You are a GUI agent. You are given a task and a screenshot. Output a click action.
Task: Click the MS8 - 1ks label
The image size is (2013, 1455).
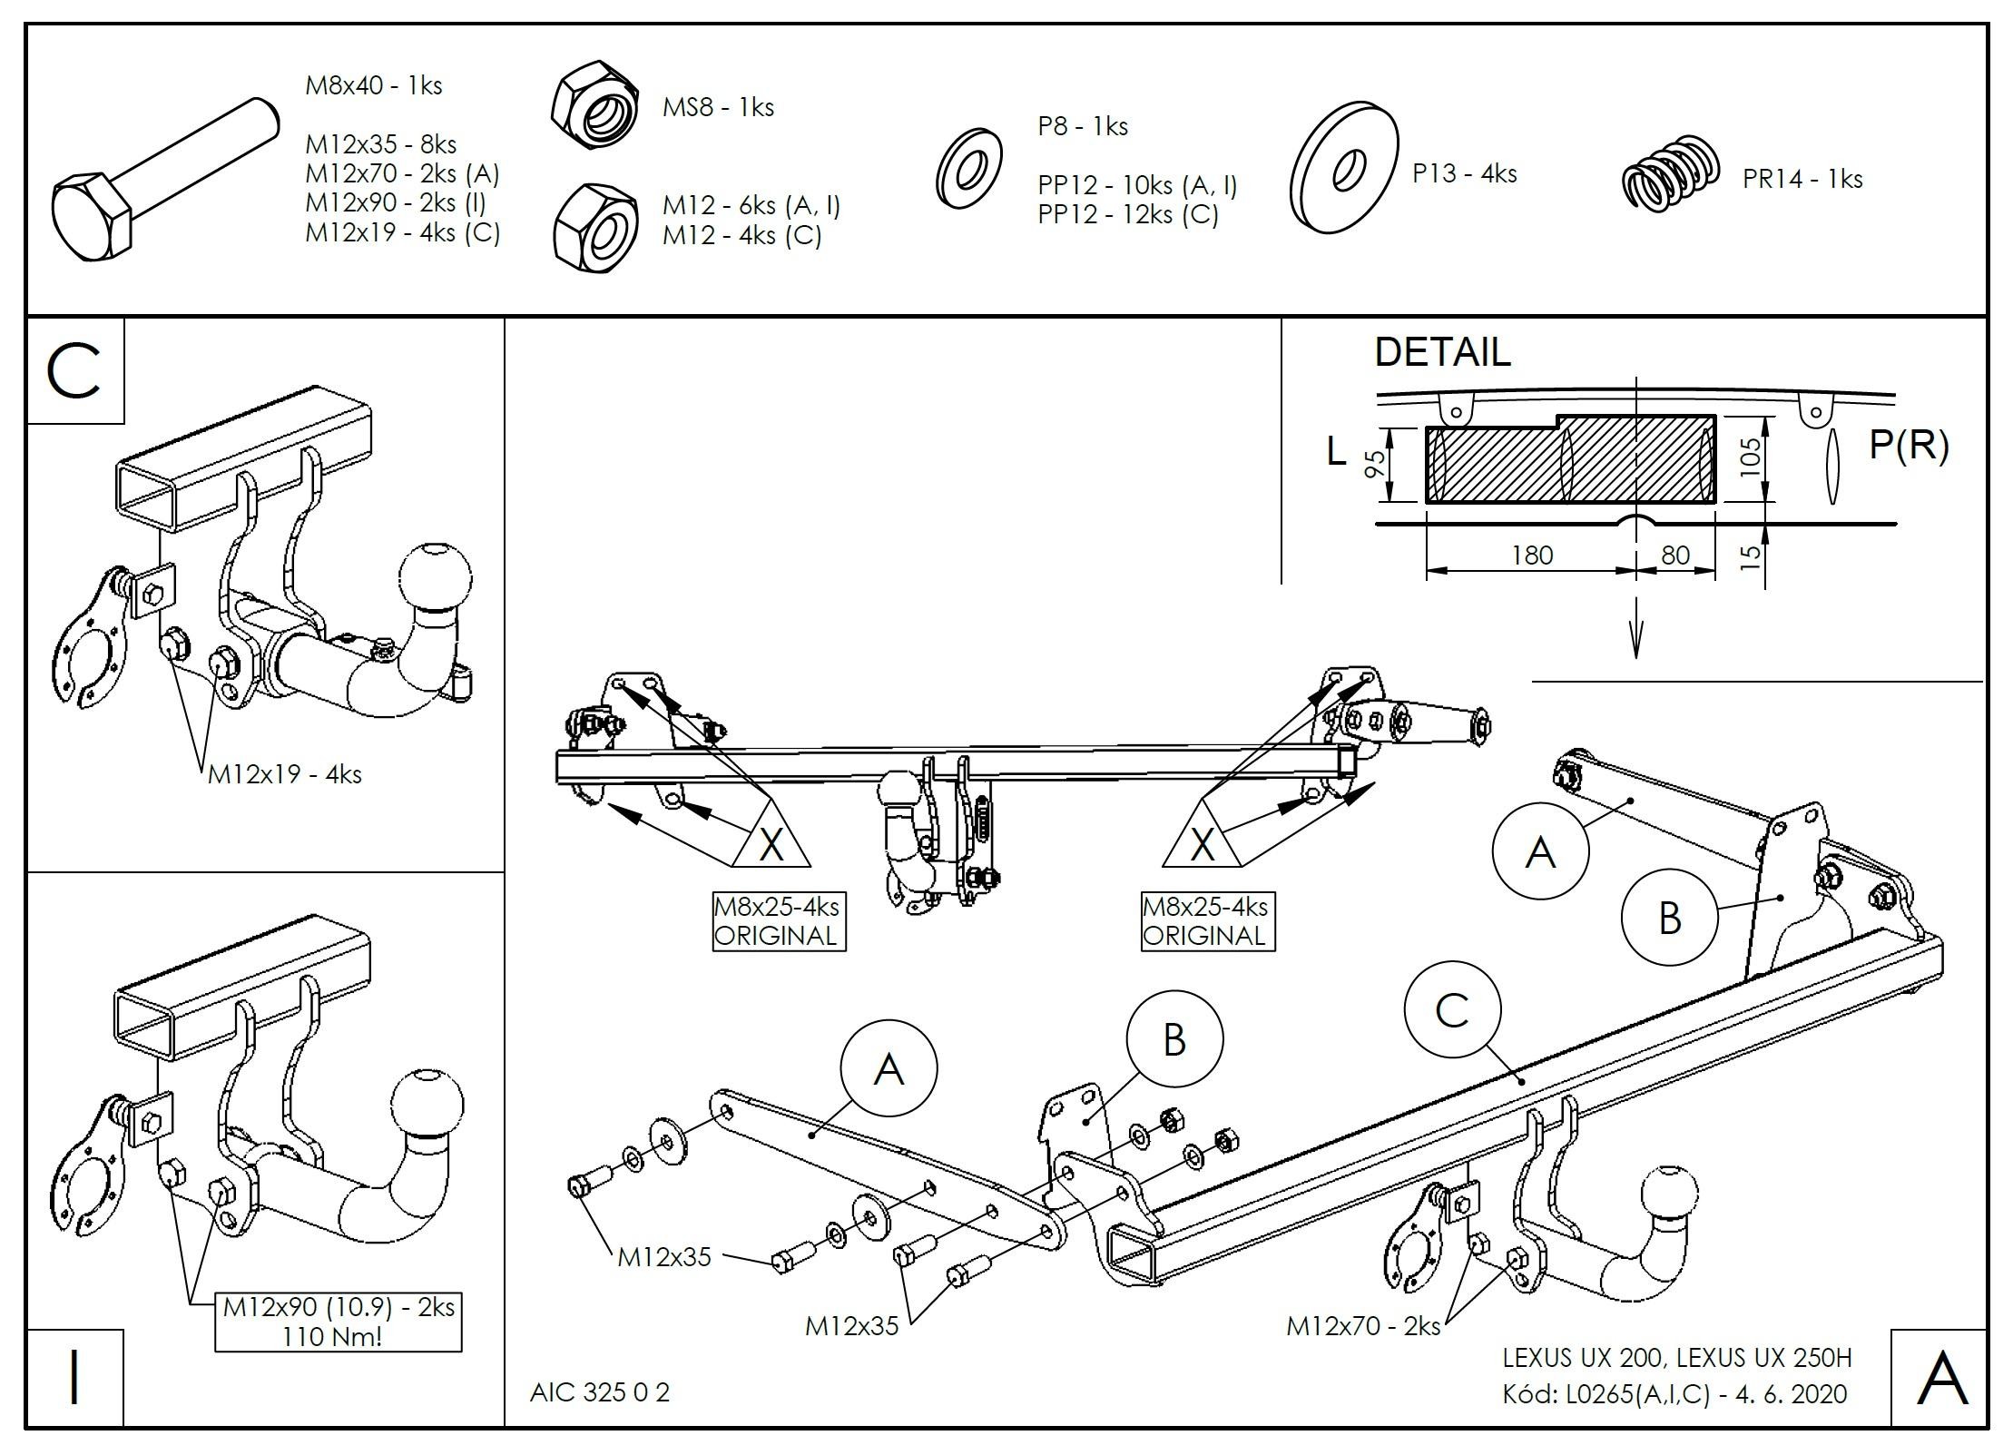[717, 108]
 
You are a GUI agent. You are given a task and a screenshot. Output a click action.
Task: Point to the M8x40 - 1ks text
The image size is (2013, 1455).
[373, 86]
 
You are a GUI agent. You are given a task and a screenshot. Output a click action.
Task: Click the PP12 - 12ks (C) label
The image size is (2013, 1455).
[1127, 215]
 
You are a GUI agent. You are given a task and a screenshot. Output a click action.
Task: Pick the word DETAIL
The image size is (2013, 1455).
[1442, 352]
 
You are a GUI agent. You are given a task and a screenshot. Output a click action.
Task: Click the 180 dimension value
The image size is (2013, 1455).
[1532, 555]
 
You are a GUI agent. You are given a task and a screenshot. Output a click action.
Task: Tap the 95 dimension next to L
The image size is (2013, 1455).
[1376, 466]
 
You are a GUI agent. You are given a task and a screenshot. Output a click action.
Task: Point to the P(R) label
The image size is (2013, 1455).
[1909, 445]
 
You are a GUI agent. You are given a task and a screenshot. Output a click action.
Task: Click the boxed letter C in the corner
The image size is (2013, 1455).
[75, 371]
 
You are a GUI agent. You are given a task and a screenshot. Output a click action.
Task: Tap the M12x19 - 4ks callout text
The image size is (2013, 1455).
[284, 774]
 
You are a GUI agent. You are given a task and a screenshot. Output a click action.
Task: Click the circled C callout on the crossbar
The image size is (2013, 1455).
[1451, 1009]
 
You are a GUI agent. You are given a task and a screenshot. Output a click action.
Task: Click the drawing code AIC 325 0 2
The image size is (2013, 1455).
[600, 1391]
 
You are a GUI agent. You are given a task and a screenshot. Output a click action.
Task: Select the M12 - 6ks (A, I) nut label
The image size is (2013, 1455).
[751, 206]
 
